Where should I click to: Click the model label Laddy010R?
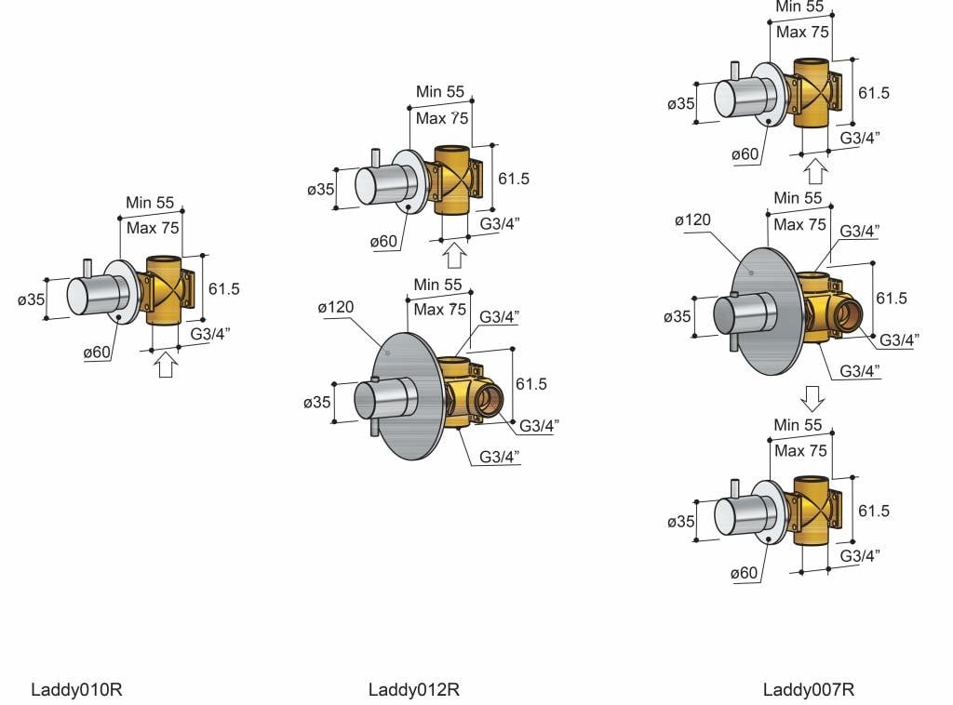point(76,689)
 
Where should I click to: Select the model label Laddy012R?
point(414,689)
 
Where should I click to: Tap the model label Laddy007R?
point(809,689)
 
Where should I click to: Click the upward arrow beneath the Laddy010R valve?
point(166,366)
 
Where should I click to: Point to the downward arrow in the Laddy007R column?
point(812,399)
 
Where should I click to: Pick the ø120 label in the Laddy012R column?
point(335,307)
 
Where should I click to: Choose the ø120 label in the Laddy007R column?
point(692,219)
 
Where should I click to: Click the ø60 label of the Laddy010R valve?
point(97,352)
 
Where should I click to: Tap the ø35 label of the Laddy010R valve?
point(32,299)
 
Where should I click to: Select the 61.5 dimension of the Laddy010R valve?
point(223,288)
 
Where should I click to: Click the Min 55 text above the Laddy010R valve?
point(150,202)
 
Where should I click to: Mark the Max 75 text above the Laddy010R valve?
point(153,228)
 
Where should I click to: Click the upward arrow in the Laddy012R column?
point(454,256)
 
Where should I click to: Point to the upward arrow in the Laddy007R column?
point(815,171)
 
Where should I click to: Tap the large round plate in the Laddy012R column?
point(404,396)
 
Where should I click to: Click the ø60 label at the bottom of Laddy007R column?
point(744,573)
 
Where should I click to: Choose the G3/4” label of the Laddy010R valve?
point(210,334)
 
